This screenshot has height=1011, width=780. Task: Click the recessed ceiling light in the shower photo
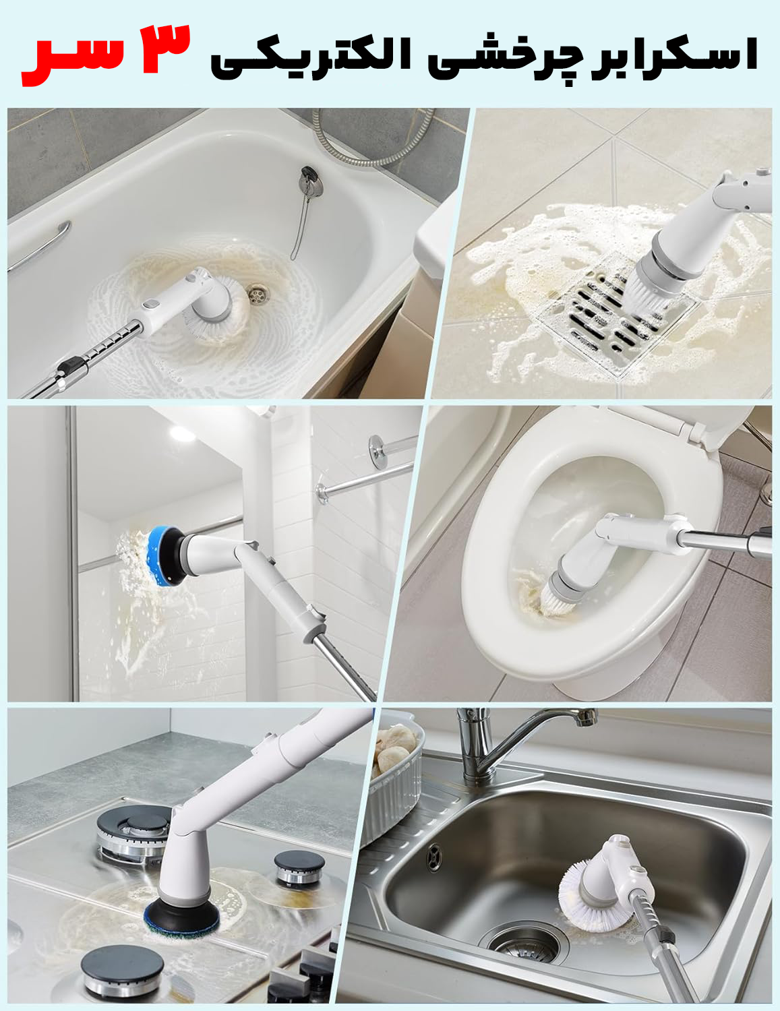(x=183, y=434)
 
